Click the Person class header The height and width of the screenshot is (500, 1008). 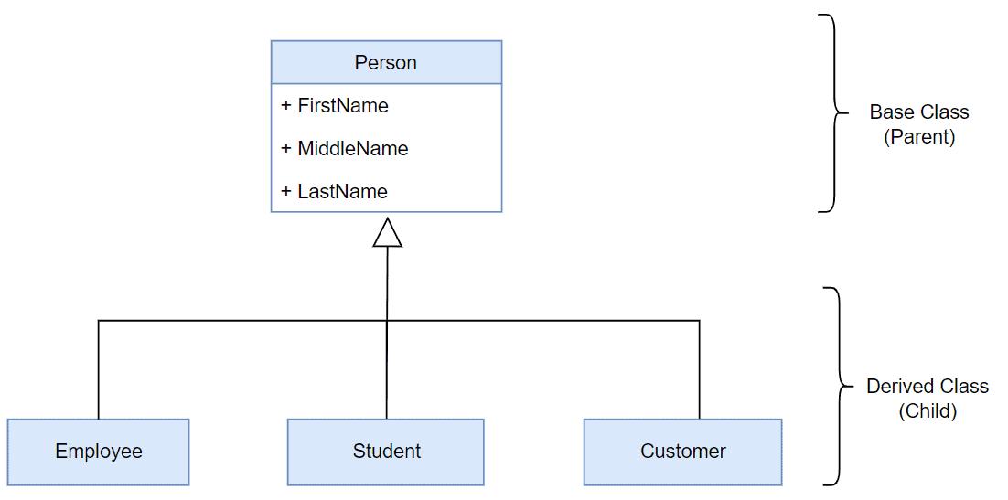386,63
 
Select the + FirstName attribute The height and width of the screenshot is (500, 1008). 335,106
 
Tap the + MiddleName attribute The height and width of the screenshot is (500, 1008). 345,149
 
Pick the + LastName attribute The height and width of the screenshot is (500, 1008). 335,192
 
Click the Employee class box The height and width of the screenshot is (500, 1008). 98,452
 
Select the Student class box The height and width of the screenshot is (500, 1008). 386,452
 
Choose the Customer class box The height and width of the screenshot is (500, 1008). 682,452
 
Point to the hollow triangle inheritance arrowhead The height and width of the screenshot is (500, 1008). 387,233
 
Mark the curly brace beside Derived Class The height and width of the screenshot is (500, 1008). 834,386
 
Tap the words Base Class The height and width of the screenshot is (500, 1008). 918,112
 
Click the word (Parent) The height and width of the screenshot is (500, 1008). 918,137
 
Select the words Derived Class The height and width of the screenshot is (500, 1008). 927,387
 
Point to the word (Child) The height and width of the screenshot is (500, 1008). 927,411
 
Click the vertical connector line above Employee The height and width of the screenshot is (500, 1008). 98,370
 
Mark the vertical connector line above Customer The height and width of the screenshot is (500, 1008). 700,370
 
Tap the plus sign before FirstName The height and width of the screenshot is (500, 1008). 286,106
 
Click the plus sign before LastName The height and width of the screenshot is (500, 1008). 286,192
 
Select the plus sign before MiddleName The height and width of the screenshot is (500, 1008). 286,149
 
